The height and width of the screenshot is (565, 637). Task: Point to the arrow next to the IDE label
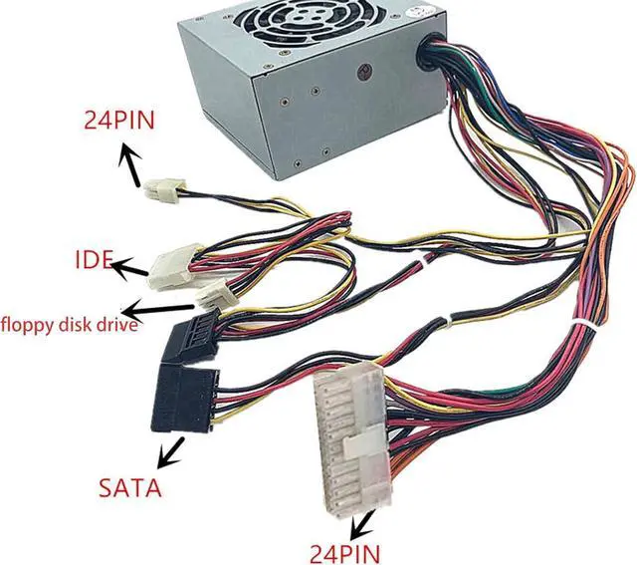click(x=128, y=268)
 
